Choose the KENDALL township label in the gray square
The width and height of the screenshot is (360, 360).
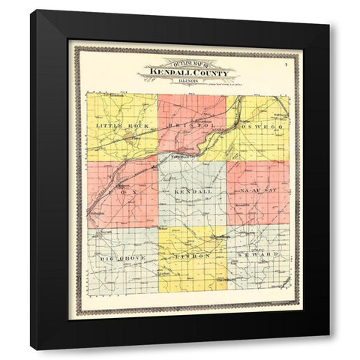193,193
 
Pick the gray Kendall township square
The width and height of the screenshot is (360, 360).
192,210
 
